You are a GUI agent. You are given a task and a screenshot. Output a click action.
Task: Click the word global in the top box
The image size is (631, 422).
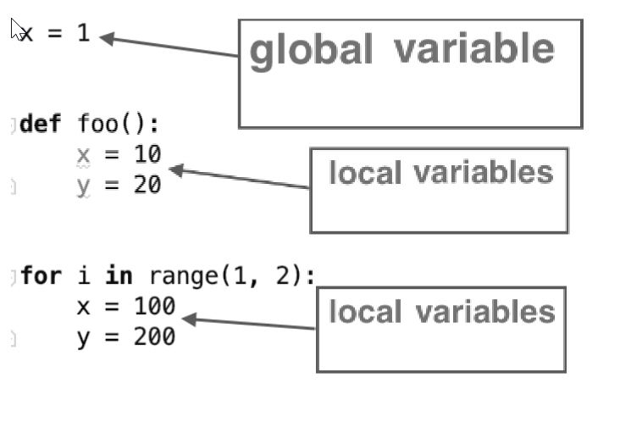(x=310, y=51)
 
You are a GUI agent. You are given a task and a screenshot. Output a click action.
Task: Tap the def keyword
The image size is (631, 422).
(x=40, y=125)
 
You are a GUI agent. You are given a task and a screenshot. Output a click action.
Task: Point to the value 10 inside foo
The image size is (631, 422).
(x=147, y=154)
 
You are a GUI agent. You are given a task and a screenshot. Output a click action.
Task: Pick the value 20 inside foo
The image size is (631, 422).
(x=147, y=185)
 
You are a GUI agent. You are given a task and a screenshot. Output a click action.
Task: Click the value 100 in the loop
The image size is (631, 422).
(x=154, y=306)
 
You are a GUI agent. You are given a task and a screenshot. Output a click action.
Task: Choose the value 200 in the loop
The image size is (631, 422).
(x=154, y=336)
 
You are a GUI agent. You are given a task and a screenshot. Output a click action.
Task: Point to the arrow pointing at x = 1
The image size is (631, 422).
(x=169, y=47)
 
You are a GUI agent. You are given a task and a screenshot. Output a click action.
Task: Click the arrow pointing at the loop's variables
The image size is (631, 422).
(x=250, y=323)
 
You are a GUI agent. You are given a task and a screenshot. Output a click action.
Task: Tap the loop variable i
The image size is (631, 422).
(x=83, y=276)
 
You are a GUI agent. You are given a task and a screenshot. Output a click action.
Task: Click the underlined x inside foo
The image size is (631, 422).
(x=83, y=155)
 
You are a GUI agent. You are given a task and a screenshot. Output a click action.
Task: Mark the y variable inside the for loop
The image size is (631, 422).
(x=83, y=337)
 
